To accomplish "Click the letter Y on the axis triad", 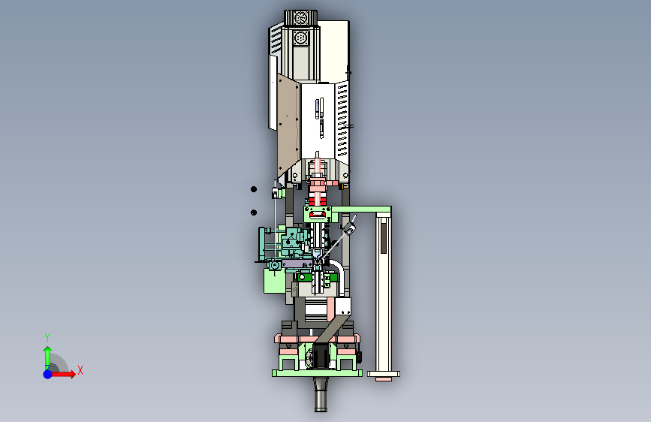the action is pyautogui.click(x=47, y=337).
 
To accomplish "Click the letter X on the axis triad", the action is pyautogui.click(x=80, y=370).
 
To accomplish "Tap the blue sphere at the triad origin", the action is pyautogui.click(x=48, y=374).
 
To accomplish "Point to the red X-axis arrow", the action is pyautogui.click(x=62, y=374).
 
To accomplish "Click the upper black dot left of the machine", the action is pyautogui.click(x=254, y=189).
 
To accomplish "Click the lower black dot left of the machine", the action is pyautogui.click(x=254, y=213).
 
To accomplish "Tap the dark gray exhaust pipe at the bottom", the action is pyautogui.click(x=321, y=394).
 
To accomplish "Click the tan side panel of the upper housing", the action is pyautogui.click(x=288, y=125).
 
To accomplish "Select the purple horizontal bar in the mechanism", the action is pyautogui.click(x=297, y=264).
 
